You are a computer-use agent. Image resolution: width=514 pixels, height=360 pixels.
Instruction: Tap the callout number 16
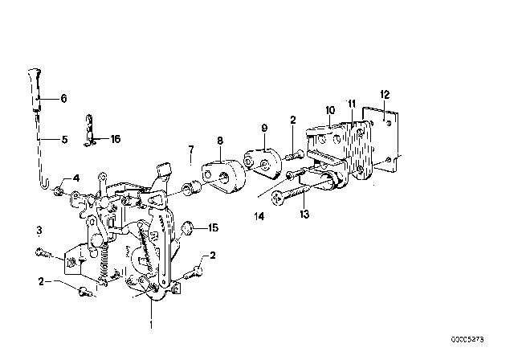coord(115,138)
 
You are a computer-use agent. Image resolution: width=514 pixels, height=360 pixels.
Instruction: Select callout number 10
coord(329,109)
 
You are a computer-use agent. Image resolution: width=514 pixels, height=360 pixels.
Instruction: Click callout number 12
coord(385,94)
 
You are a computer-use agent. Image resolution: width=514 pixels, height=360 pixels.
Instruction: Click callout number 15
coord(214,227)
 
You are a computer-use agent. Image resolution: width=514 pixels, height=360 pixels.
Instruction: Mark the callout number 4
coord(76,178)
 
